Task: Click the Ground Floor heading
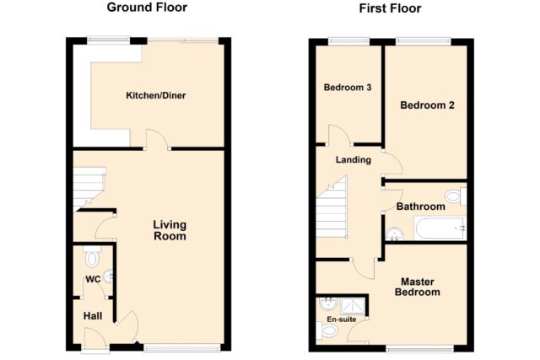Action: [147, 8]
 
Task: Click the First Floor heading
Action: [390, 8]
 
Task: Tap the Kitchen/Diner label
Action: [155, 95]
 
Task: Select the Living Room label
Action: [170, 230]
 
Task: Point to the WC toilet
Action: [92, 256]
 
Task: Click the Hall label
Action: [93, 316]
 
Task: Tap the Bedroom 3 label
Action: [348, 88]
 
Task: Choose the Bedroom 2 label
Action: [427, 105]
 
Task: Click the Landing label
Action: [354, 159]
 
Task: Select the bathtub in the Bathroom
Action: [440, 228]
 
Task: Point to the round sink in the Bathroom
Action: [394, 234]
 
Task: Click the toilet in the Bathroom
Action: [456, 196]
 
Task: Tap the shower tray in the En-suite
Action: [353, 306]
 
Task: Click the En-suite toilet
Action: [327, 330]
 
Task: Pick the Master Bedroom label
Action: [418, 287]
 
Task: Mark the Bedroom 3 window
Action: [348, 41]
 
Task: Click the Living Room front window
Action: [182, 348]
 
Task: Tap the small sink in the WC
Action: [109, 276]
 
